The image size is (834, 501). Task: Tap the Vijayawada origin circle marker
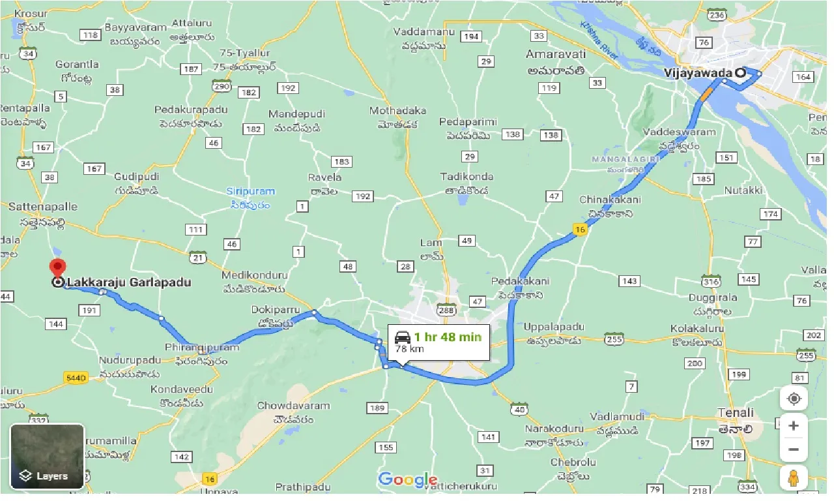tap(741, 73)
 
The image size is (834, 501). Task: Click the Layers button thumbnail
tap(48, 456)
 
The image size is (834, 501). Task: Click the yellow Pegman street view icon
tap(793, 478)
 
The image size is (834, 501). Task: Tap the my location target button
tap(793, 398)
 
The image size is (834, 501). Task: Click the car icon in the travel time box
tap(403, 337)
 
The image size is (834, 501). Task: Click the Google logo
tap(407, 479)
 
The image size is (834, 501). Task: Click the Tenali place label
tap(735, 412)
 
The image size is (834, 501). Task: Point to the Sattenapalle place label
tap(42, 207)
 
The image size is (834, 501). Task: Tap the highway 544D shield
tap(76, 377)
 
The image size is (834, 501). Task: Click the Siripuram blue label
tap(251, 191)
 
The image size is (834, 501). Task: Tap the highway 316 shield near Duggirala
tap(711, 282)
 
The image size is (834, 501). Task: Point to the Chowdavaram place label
tap(293, 406)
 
